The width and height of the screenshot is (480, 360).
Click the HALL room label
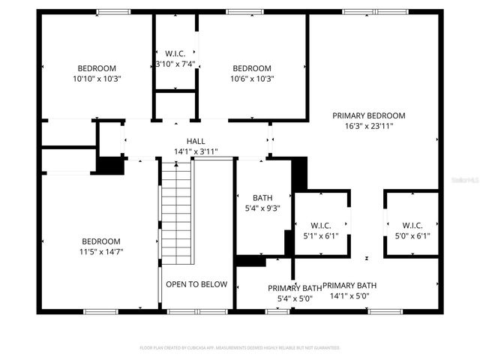[196, 141]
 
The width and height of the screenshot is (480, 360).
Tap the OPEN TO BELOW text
[196, 284]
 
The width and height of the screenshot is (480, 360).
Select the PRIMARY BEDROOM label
[369, 115]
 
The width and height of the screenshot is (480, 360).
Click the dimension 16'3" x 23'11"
[369, 126]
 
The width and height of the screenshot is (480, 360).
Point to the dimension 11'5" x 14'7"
[101, 251]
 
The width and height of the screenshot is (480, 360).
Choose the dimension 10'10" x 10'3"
[97, 78]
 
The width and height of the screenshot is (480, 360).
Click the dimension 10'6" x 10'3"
[252, 78]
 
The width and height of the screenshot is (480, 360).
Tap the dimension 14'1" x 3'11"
[196, 151]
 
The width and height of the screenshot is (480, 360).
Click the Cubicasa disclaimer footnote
[240, 348]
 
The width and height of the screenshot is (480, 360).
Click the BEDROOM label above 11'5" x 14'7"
[101, 241]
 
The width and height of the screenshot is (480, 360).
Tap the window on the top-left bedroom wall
[113, 11]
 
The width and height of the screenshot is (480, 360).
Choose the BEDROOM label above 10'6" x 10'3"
[252, 67]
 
